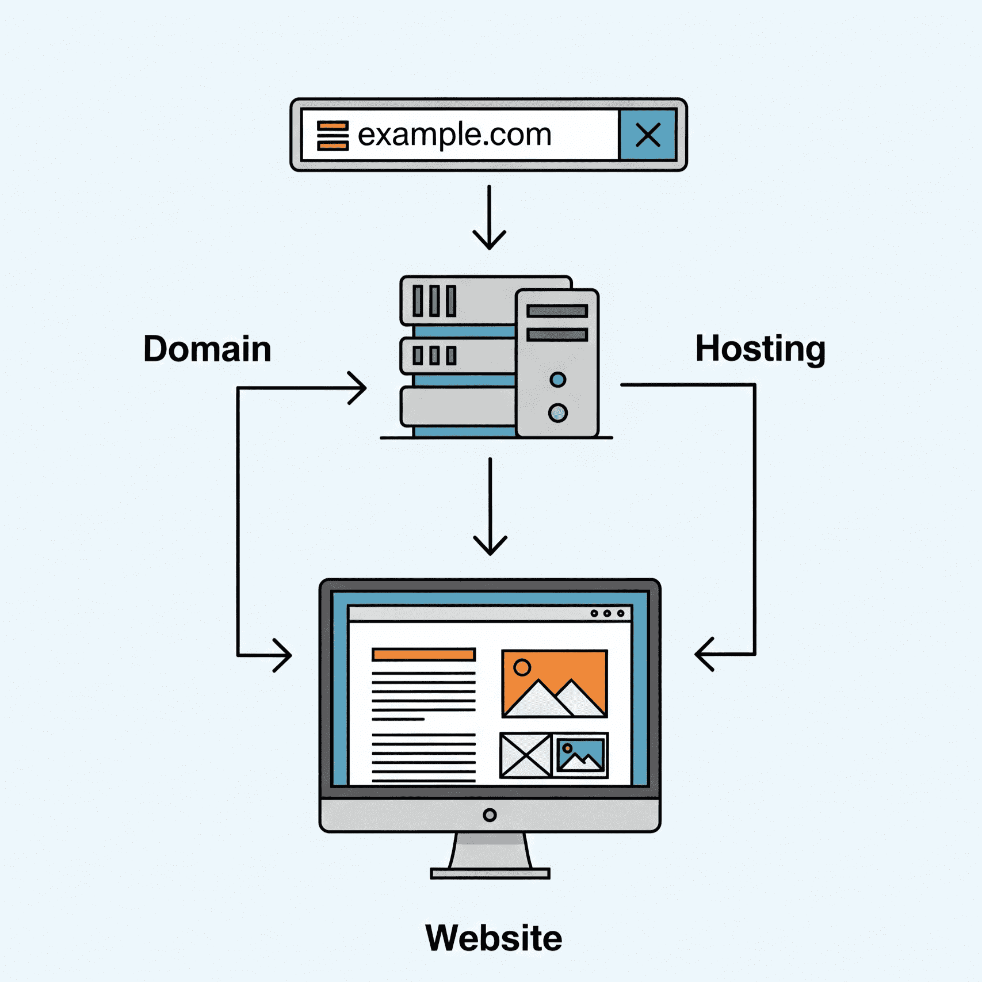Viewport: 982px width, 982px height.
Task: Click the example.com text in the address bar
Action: [x=454, y=135]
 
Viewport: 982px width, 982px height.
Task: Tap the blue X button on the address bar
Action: [x=648, y=135]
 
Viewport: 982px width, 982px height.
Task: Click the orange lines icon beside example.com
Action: [x=333, y=135]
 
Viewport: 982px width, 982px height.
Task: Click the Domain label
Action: [x=207, y=349]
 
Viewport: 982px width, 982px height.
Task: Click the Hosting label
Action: [x=761, y=349]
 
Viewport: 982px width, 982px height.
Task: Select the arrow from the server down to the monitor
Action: [x=490, y=506]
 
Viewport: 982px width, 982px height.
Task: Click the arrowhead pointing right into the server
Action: [x=358, y=388]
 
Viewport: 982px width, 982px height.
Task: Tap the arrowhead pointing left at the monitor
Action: [x=704, y=654]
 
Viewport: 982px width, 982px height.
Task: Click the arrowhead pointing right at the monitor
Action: [x=282, y=655]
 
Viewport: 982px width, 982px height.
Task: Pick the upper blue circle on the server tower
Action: [x=557, y=380]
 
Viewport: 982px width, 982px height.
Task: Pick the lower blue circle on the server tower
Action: [x=557, y=412]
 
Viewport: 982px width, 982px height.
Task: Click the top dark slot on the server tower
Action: [x=557, y=311]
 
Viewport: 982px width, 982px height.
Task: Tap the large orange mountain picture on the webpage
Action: [x=555, y=683]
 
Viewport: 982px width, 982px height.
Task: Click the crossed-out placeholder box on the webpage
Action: [x=525, y=755]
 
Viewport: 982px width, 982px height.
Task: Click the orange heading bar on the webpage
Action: [x=423, y=654]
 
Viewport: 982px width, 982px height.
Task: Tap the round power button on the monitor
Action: [x=490, y=815]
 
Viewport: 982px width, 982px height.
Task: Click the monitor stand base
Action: [x=490, y=874]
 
